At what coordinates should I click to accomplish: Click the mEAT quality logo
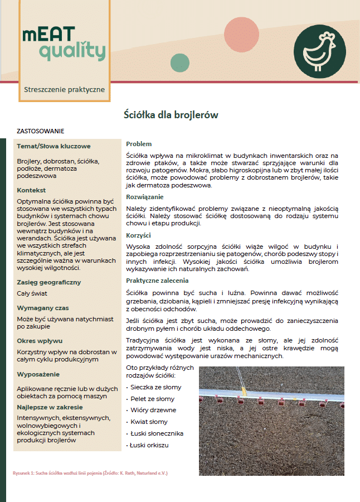[x=64, y=44]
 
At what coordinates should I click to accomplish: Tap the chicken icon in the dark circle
[x=320, y=50]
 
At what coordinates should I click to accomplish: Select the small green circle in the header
[x=180, y=63]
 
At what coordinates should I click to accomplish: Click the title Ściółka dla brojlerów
[x=171, y=115]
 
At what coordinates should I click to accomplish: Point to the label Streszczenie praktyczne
[x=64, y=89]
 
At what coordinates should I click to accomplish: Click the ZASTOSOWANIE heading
[x=41, y=132]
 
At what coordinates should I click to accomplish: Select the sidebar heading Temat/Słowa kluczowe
[x=53, y=147]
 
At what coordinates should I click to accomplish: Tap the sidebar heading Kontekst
[x=31, y=190]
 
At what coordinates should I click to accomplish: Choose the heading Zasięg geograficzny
[x=49, y=282]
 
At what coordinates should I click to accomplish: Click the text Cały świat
[x=32, y=293]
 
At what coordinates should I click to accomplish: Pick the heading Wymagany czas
[x=43, y=308]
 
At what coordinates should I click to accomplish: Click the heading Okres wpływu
[x=40, y=340]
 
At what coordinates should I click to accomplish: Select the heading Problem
[x=139, y=144]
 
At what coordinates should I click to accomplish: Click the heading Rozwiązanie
[x=144, y=197]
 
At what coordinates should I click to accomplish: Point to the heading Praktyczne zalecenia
[x=157, y=281]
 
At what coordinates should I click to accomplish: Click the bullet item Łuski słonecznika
[x=157, y=433]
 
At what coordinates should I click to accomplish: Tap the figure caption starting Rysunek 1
[x=90, y=473]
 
